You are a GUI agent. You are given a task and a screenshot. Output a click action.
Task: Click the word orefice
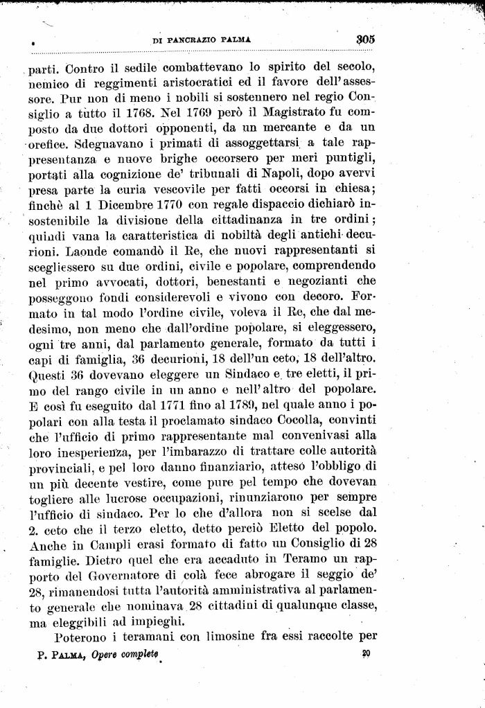[48, 148]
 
